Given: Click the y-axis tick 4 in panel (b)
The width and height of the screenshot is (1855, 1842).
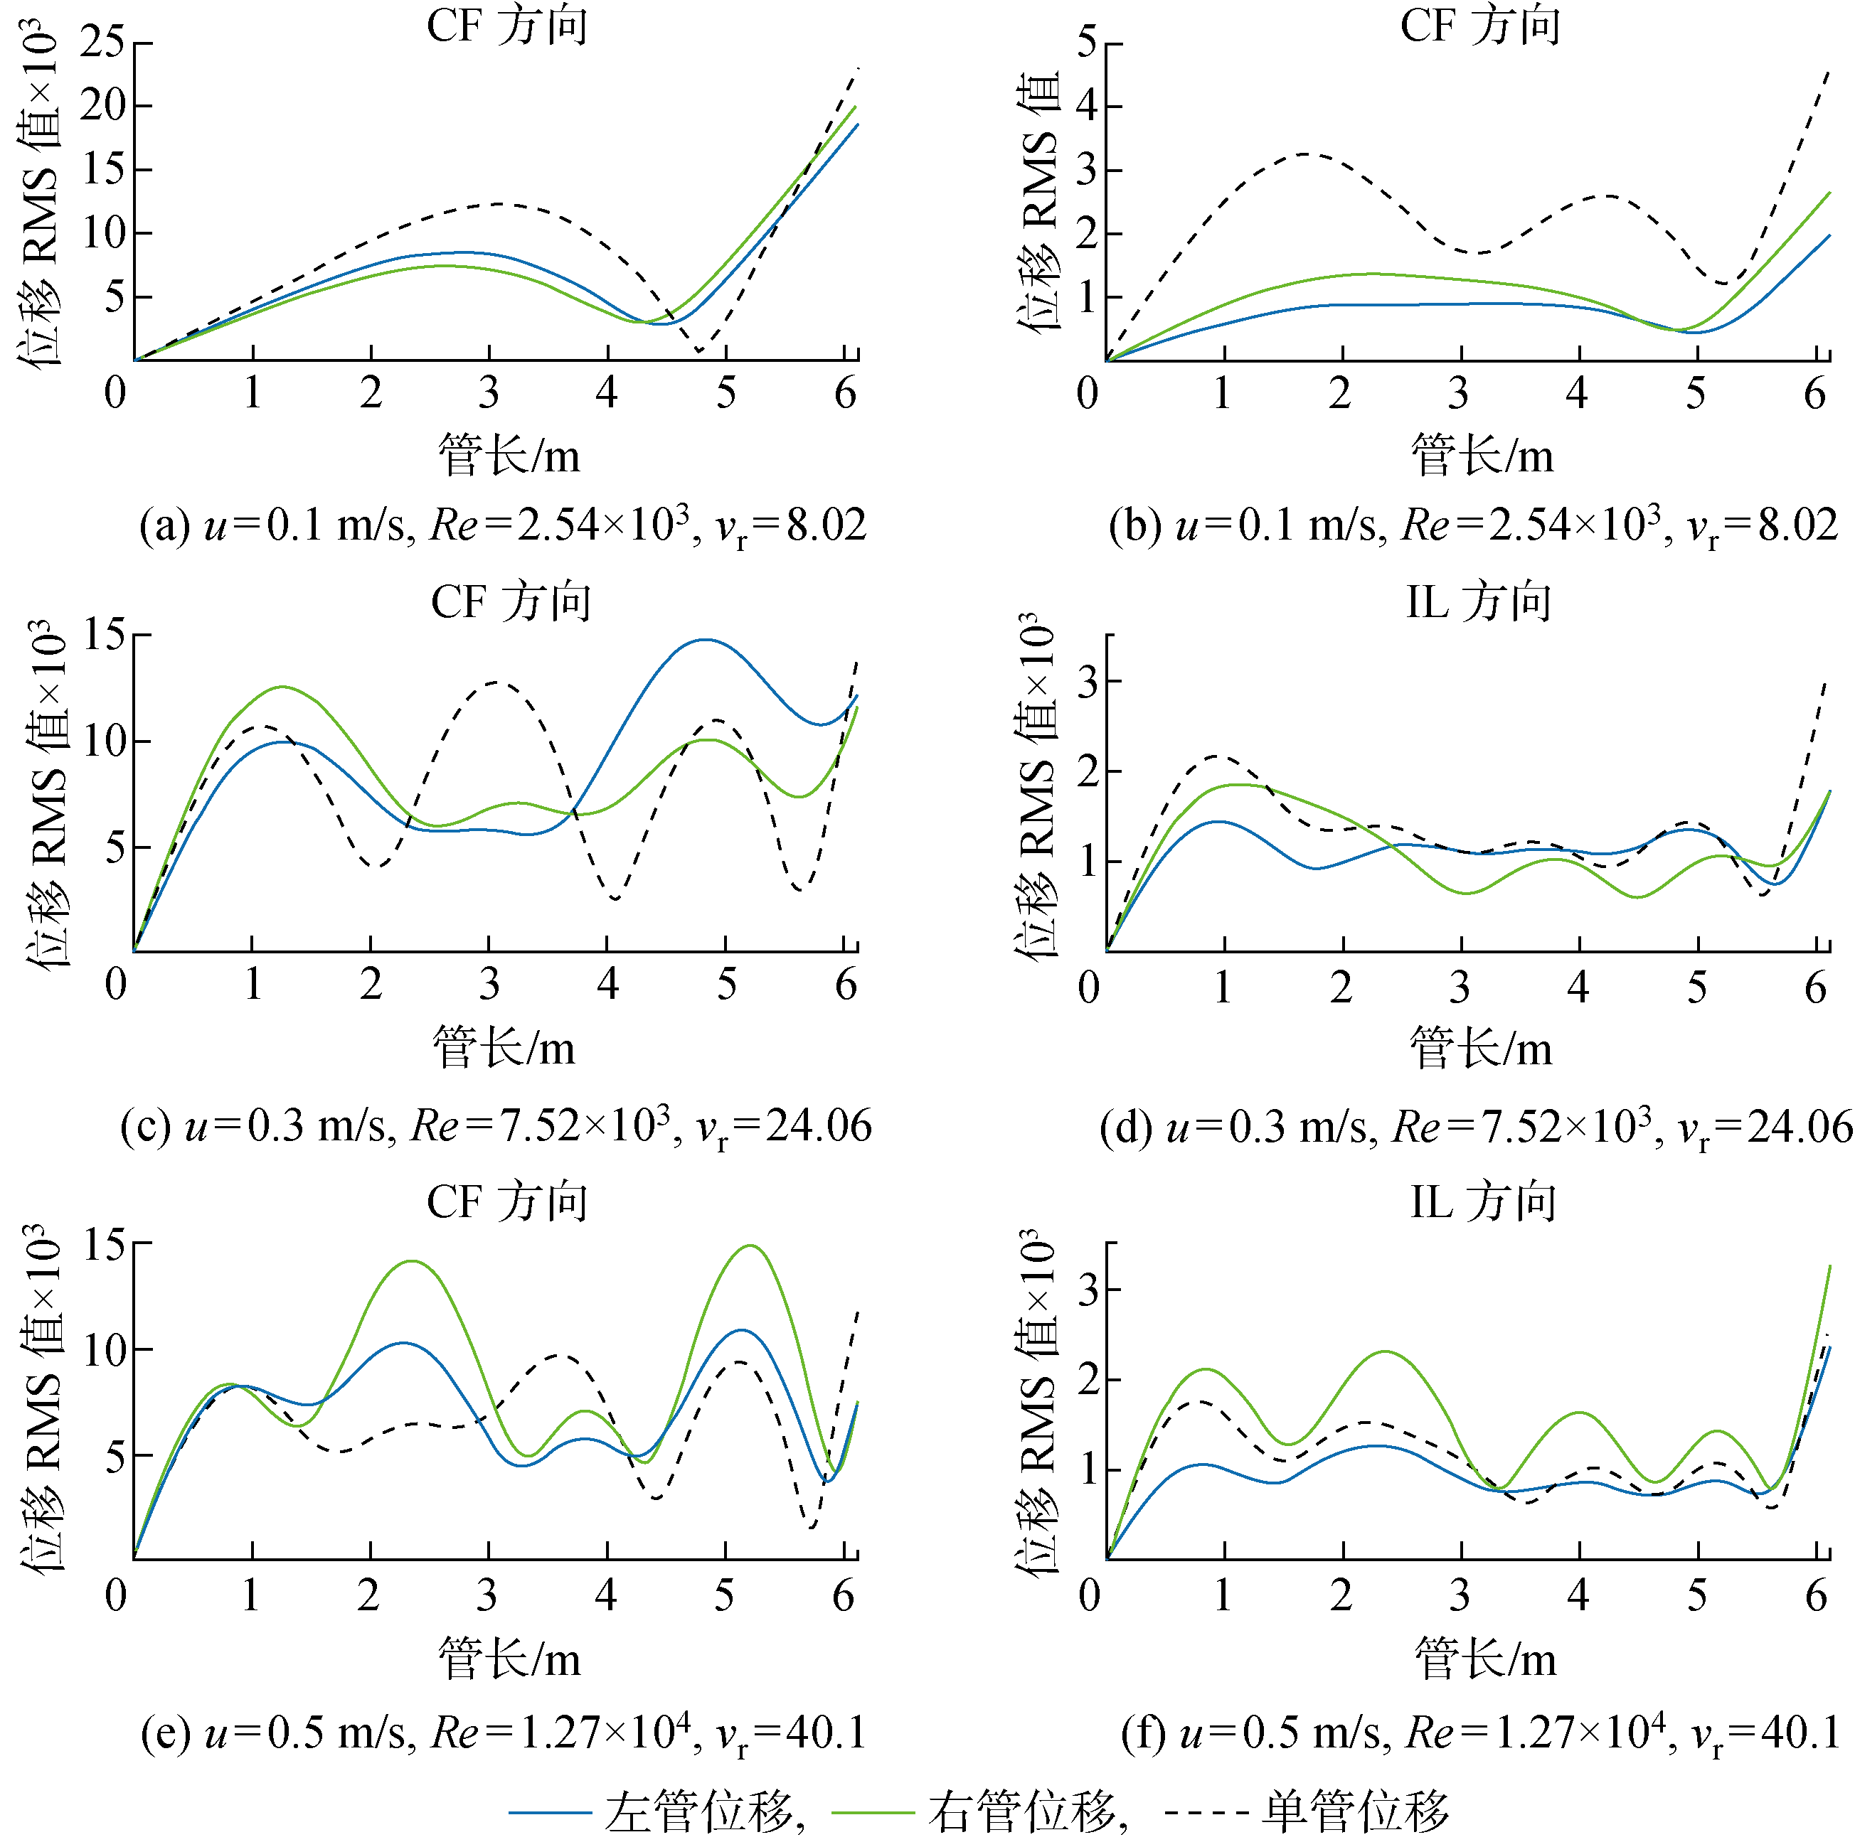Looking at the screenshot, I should point(1086,106).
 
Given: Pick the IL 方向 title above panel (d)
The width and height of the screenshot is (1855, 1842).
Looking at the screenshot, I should point(1479,603).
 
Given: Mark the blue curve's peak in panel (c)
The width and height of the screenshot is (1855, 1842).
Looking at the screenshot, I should point(706,639).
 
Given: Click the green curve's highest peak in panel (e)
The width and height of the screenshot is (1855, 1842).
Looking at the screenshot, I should point(750,1246).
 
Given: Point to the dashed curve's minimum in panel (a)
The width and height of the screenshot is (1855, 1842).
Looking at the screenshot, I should point(699,351).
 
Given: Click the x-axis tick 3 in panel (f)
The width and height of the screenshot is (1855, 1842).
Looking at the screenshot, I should point(1460,1595).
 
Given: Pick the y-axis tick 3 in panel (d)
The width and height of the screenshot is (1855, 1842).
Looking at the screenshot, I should point(1088,682).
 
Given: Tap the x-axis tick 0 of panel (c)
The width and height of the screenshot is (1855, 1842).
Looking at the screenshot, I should point(116,985).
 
